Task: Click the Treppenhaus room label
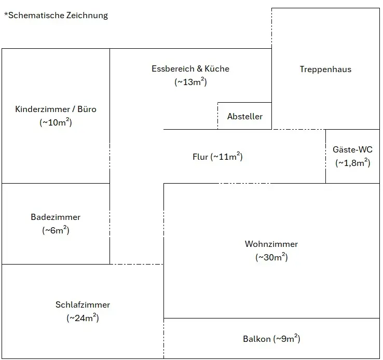coord(325,69)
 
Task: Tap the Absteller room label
coord(245,116)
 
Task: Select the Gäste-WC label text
coord(352,150)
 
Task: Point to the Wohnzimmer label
coord(271,244)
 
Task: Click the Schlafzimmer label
coord(83,305)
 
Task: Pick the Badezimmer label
coord(56,217)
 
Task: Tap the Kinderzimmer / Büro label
coord(56,109)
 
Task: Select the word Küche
coord(217,68)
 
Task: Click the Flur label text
coord(200,157)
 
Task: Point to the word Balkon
coord(256,339)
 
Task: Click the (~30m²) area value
coord(271,257)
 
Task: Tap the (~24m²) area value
coord(83,318)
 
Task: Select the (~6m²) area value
coord(56,230)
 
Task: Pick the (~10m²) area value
coord(56,122)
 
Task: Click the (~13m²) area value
coord(190,81)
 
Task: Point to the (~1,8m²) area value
coord(352,162)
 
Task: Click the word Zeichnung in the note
coord(87,15)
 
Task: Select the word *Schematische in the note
coord(34,15)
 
